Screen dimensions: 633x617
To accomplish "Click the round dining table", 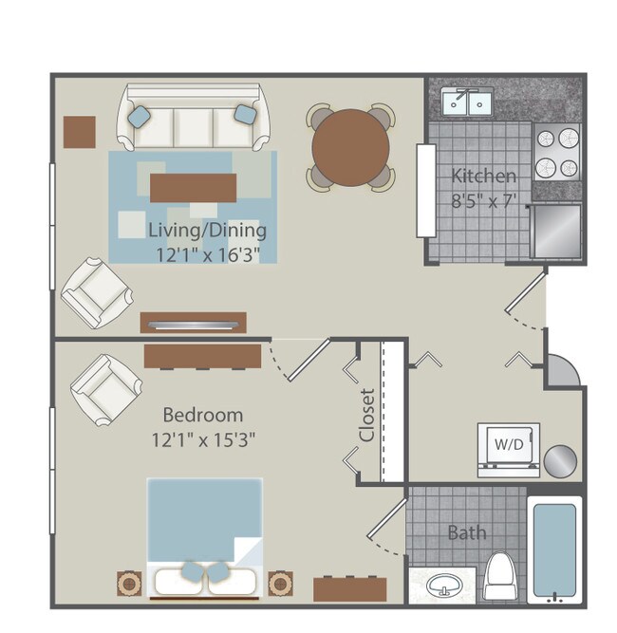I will [350, 147].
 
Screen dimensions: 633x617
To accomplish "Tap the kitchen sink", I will [468, 102].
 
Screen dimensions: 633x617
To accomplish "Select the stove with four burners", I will [556, 154].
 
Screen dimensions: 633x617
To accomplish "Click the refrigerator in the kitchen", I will [556, 232].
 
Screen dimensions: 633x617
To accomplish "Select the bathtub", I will [553, 551].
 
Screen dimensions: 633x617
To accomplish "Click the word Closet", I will [367, 415].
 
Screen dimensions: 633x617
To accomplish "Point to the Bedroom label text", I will [202, 416].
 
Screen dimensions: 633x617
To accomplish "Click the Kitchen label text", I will [483, 176].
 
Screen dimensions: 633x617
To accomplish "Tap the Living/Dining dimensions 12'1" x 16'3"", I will [207, 253].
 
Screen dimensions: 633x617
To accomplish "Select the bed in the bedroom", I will [204, 536].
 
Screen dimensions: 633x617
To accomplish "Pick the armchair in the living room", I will [96, 291].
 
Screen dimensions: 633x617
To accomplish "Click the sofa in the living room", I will [193, 119].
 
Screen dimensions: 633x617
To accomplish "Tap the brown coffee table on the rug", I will [193, 186].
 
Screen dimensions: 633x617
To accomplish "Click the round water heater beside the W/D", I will [560, 461].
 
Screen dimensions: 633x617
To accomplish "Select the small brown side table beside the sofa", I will [80, 131].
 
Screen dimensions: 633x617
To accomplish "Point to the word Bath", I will [466, 532].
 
